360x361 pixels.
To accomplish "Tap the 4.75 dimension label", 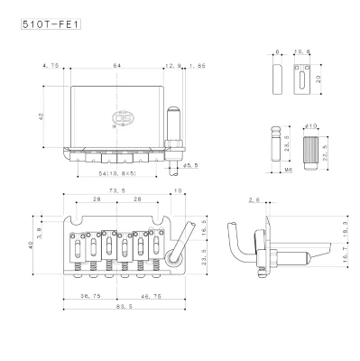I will point(51,66).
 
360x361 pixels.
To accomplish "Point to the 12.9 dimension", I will point(172,66).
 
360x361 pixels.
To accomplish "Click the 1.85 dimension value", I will point(198,66).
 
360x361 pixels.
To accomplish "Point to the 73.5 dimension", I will point(117,192).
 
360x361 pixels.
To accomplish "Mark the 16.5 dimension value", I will point(204,231).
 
